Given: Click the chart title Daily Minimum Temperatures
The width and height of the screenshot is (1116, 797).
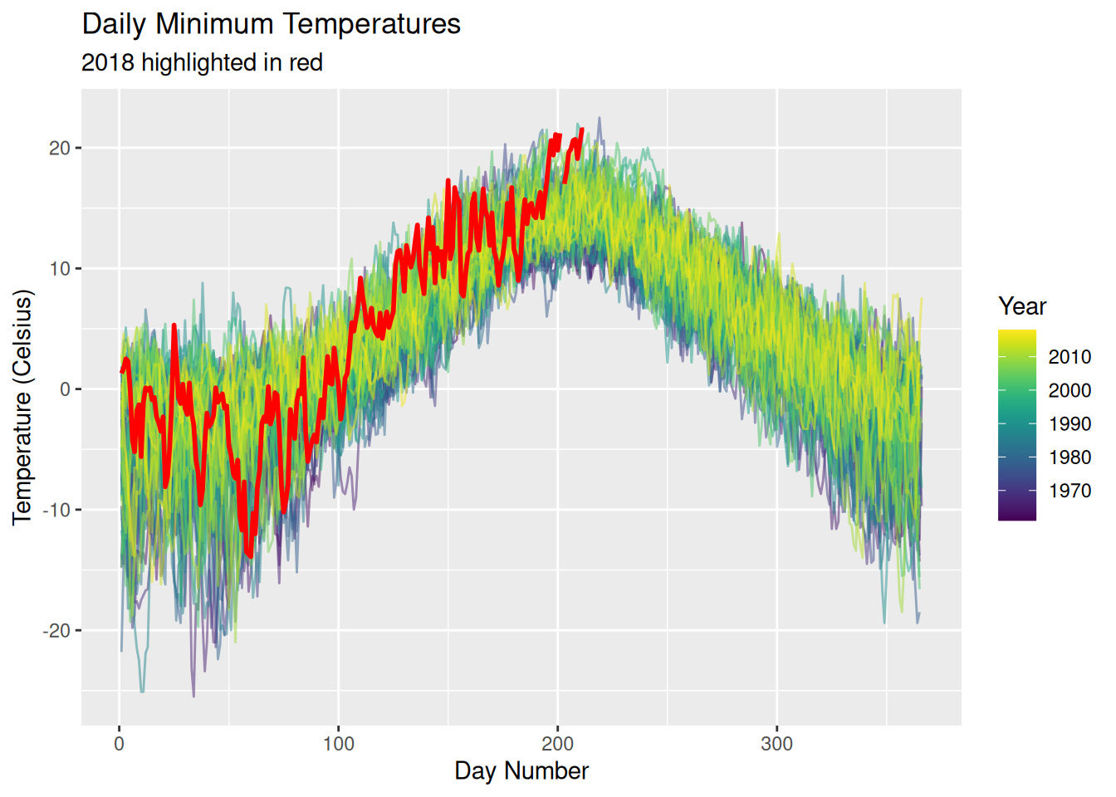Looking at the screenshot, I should pos(271,24).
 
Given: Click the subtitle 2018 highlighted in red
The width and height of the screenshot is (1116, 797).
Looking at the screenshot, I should pos(202,63).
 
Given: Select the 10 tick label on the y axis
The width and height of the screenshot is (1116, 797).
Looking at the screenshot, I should pos(60,269).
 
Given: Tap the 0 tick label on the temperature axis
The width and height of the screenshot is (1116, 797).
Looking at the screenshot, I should pos(66,389).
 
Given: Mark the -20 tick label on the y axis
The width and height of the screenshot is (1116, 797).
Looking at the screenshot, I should pos(56,631).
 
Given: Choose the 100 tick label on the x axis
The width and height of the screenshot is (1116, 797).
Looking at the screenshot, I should pos(339,744).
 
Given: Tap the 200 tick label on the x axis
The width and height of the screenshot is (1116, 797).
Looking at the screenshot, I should pos(558,744).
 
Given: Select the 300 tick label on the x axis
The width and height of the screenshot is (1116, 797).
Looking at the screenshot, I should pos(777,744).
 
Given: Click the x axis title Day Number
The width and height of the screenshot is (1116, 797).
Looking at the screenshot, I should pos(521,771).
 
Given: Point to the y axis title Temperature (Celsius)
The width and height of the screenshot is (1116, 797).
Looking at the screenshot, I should pos(23,407).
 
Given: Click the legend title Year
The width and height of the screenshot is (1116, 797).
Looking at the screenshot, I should pos(1022,306).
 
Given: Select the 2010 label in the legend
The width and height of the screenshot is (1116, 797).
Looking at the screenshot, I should pos(1069,357).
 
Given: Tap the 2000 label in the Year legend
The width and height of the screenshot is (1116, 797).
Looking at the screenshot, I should pos(1069,390).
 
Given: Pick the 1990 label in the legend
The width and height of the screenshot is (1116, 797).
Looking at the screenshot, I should pos(1069,424).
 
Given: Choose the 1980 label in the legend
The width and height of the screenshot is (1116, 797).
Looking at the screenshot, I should pos(1069,457).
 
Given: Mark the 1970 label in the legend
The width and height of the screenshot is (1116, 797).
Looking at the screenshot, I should pos(1069,491).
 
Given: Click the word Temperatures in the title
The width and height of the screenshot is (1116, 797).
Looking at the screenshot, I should pos(370,24).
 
